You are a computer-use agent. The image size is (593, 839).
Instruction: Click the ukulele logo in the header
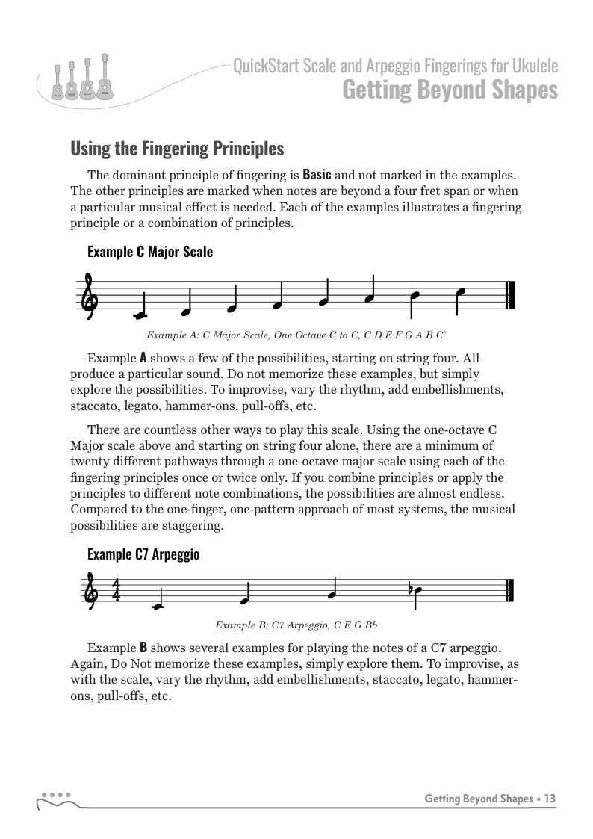click(x=80, y=79)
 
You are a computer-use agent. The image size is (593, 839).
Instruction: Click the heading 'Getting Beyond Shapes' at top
click(x=450, y=90)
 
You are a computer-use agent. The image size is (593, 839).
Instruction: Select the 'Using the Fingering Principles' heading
click(x=177, y=149)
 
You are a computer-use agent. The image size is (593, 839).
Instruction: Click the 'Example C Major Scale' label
click(x=150, y=252)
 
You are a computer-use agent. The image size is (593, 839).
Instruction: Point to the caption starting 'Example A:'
click(x=296, y=335)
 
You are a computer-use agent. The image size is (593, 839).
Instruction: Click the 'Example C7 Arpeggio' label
click(x=143, y=554)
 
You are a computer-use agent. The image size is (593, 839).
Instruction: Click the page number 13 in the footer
click(x=550, y=799)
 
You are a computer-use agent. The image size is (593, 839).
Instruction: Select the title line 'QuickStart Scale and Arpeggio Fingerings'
click(x=395, y=67)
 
